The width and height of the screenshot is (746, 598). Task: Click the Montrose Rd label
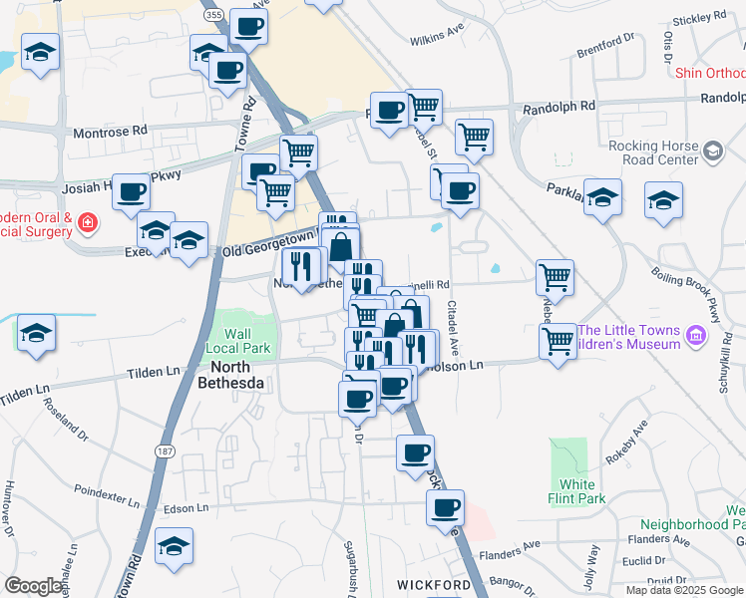[110, 131]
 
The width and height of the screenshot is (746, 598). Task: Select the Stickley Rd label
[698, 18]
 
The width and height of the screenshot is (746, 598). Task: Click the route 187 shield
[165, 451]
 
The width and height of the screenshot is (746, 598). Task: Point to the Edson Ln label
[186, 508]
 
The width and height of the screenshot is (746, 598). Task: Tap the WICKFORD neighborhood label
[433, 584]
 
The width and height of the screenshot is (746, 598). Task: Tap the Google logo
[33, 586]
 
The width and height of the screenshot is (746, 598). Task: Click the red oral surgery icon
[88, 221]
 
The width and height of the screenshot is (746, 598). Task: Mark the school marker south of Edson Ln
[175, 546]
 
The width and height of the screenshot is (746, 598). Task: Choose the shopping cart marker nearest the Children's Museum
[559, 341]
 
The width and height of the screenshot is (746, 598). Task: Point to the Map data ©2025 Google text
[684, 590]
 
